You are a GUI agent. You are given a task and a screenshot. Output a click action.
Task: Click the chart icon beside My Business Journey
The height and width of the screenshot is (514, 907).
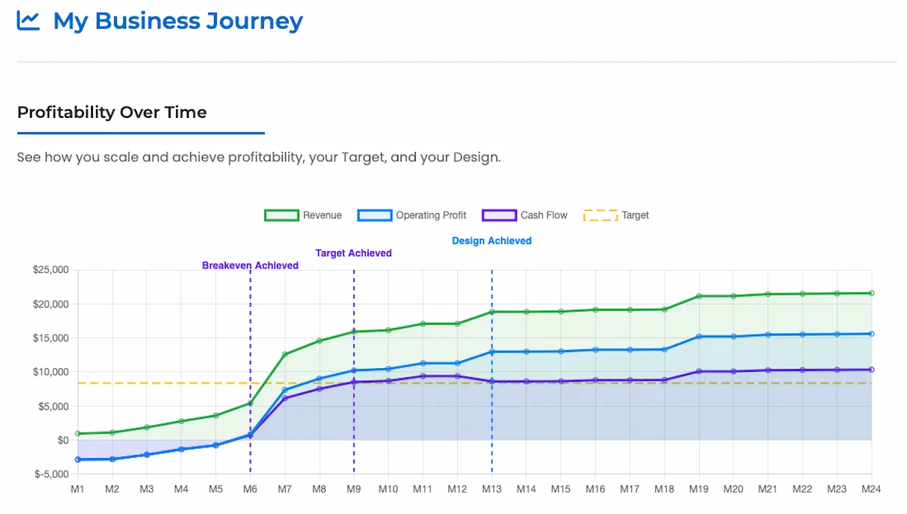click(28, 20)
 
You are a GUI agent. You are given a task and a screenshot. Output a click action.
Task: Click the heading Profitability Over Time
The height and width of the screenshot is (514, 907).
click(112, 113)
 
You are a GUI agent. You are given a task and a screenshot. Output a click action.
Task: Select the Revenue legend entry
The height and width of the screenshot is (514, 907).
click(303, 215)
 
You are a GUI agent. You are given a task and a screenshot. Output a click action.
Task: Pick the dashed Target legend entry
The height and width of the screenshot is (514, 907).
click(616, 215)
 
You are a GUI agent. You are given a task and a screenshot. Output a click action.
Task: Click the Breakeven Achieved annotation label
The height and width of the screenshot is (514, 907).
click(250, 266)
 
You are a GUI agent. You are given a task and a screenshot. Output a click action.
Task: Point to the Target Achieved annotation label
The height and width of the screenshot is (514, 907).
click(354, 254)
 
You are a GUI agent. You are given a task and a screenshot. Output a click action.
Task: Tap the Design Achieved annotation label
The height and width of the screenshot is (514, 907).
click(491, 241)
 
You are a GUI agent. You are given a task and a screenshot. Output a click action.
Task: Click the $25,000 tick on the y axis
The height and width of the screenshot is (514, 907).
click(51, 270)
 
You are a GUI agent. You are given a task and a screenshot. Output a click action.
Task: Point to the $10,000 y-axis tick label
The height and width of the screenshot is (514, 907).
click(51, 372)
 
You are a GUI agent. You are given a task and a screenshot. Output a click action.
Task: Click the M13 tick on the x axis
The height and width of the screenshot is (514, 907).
click(491, 490)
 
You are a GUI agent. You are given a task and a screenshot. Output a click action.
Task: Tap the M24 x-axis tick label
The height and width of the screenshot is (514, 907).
click(871, 490)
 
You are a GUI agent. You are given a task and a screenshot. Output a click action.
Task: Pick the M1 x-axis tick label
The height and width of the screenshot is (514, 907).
click(77, 490)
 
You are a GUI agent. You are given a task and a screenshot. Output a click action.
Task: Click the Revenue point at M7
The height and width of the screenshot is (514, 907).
click(285, 355)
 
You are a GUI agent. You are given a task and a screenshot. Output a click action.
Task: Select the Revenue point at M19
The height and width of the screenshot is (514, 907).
click(699, 296)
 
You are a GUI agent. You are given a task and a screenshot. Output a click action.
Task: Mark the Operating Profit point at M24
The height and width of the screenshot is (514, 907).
click(871, 334)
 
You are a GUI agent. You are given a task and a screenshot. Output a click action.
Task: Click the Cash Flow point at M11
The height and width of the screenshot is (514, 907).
click(423, 376)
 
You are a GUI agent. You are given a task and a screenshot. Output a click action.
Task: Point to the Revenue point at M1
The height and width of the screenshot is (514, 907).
click(77, 434)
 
